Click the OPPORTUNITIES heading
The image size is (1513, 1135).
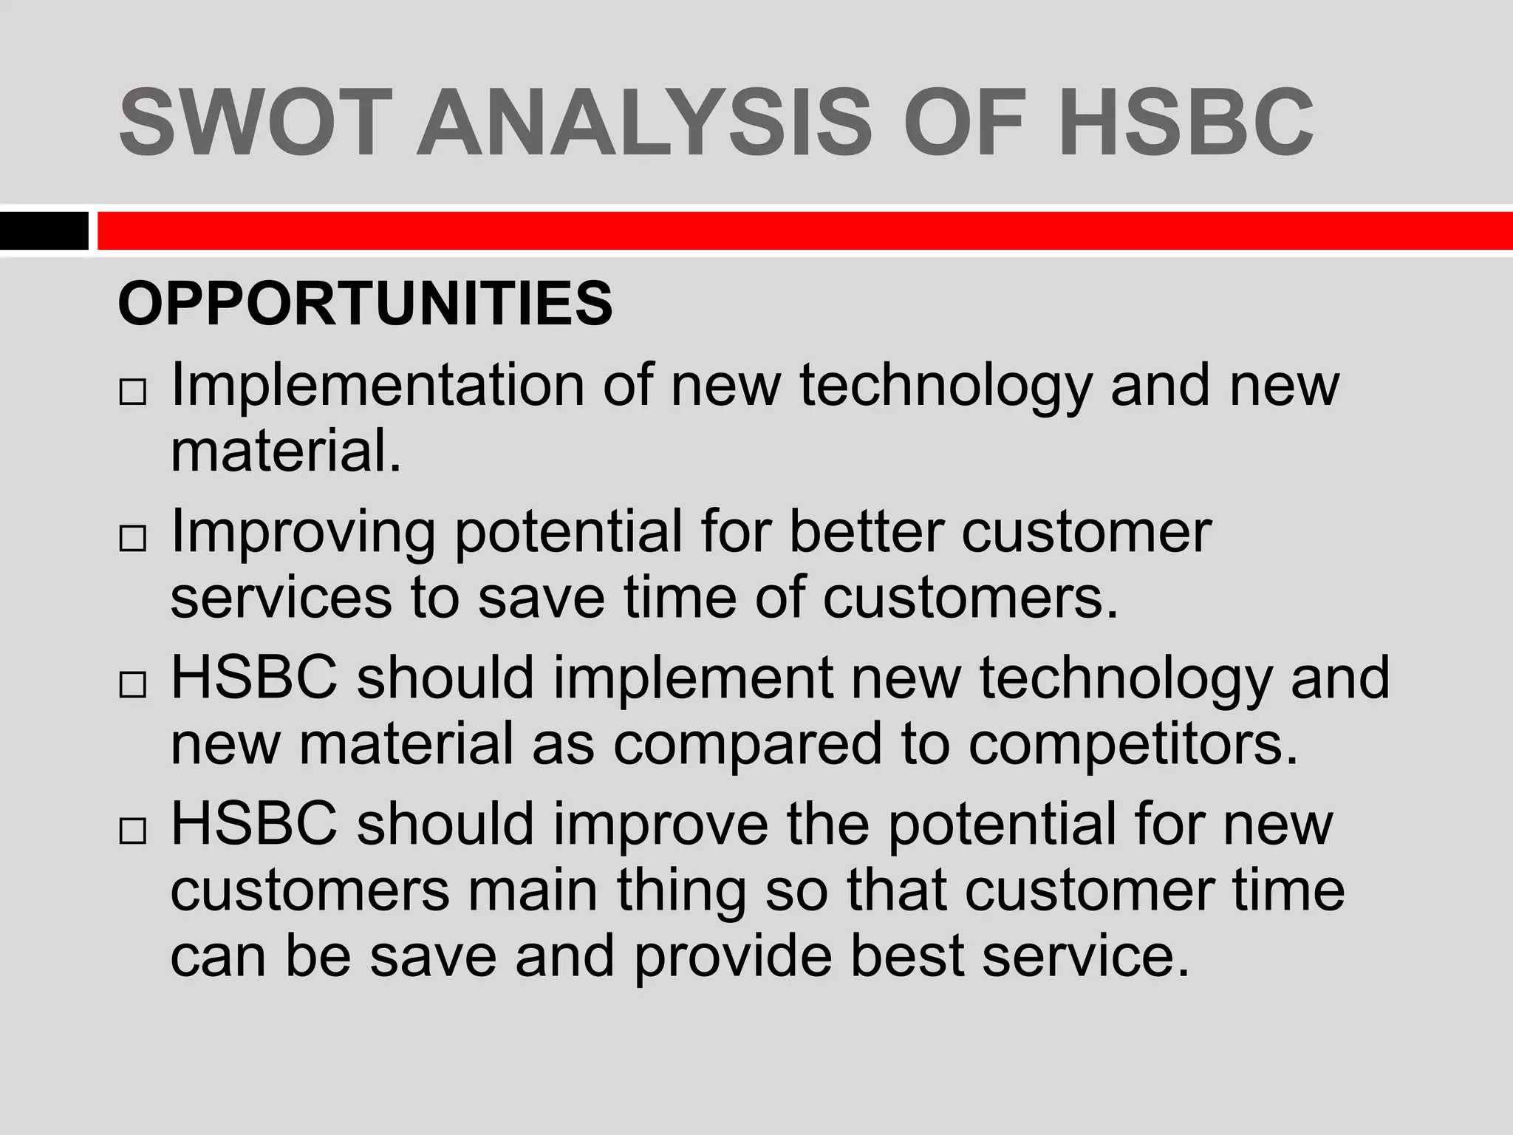pos(365,304)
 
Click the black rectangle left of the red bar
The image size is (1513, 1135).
pos(44,231)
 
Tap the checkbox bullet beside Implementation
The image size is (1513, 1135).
pos(132,393)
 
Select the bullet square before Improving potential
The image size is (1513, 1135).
pos(132,539)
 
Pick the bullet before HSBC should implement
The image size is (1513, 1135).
pos(132,686)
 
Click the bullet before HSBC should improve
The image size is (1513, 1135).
pos(132,832)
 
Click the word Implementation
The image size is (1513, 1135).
pos(377,386)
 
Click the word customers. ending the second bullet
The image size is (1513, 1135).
pos(971,597)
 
